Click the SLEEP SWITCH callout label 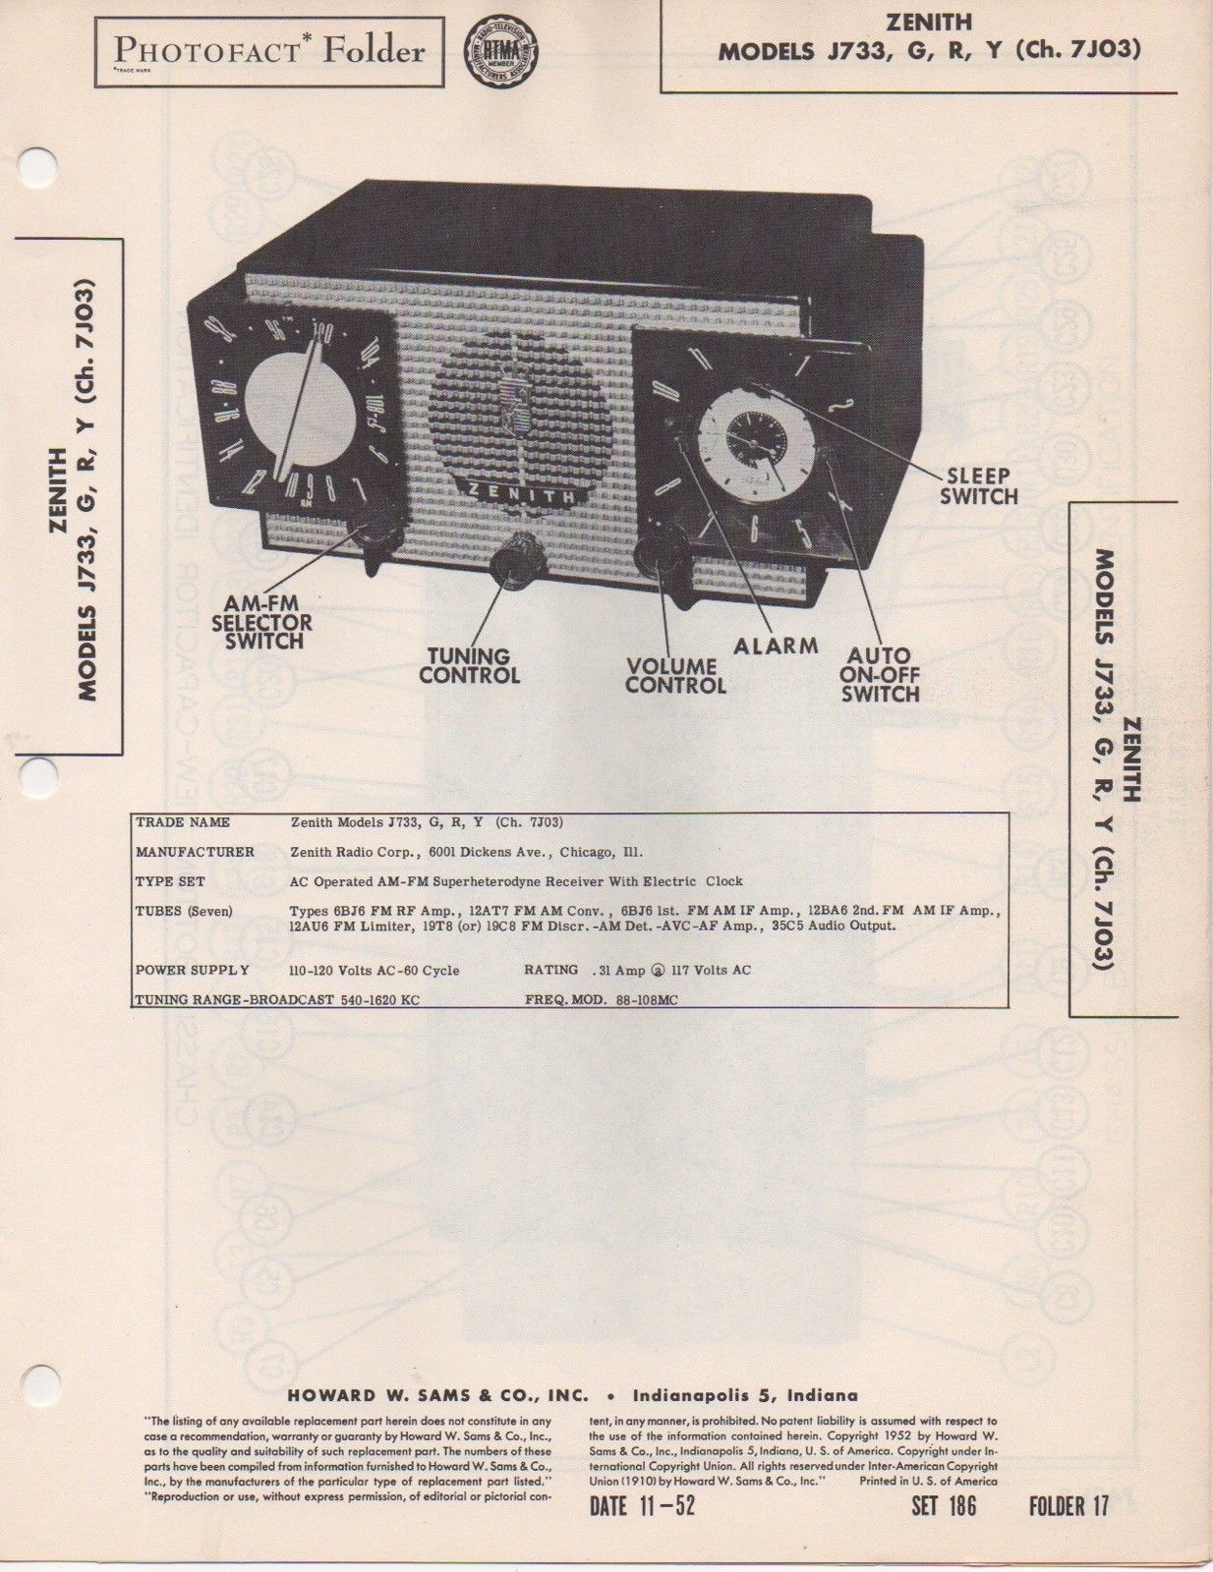pyautogui.click(x=978, y=486)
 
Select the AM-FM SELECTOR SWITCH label pyautogui.click(x=262, y=622)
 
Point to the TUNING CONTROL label pyautogui.click(x=469, y=665)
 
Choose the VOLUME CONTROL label pyautogui.click(x=675, y=675)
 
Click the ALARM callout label pyautogui.click(x=776, y=646)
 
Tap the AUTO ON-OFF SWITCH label pyautogui.click(x=880, y=674)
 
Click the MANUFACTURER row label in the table pyautogui.click(x=195, y=852)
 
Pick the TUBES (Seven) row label pyautogui.click(x=184, y=911)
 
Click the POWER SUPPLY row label pyautogui.click(x=193, y=970)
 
